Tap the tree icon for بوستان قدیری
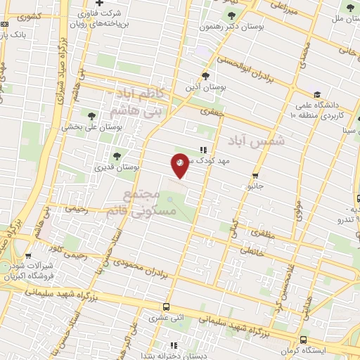(x=117, y=156)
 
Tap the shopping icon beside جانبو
(x=255, y=176)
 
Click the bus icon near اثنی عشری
(x=166, y=307)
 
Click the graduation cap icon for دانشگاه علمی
(x=317, y=95)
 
